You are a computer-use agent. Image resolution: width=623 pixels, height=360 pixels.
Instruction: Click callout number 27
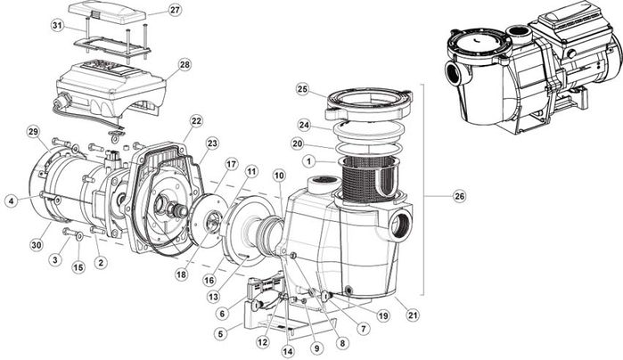(x=175, y=10)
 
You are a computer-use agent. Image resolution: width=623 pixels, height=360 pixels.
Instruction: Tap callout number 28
(x=184, y=64)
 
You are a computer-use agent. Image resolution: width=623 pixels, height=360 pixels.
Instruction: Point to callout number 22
(x=196, y=120)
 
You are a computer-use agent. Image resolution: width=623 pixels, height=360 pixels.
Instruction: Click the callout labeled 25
(x=302, y=89)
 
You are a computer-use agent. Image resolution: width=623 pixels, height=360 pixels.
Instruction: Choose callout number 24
(x=303, y=125)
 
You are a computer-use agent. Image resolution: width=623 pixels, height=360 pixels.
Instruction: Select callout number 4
(x=10, y=200)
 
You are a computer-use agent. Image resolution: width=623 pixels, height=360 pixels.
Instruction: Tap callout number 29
(x=33, y=132)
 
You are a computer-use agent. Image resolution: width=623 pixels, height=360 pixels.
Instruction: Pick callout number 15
(x=77, y=266)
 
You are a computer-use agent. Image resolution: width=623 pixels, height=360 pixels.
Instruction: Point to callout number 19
(x=382, y=315)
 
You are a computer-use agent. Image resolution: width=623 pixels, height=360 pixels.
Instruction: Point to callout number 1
(x=307, y=161)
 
